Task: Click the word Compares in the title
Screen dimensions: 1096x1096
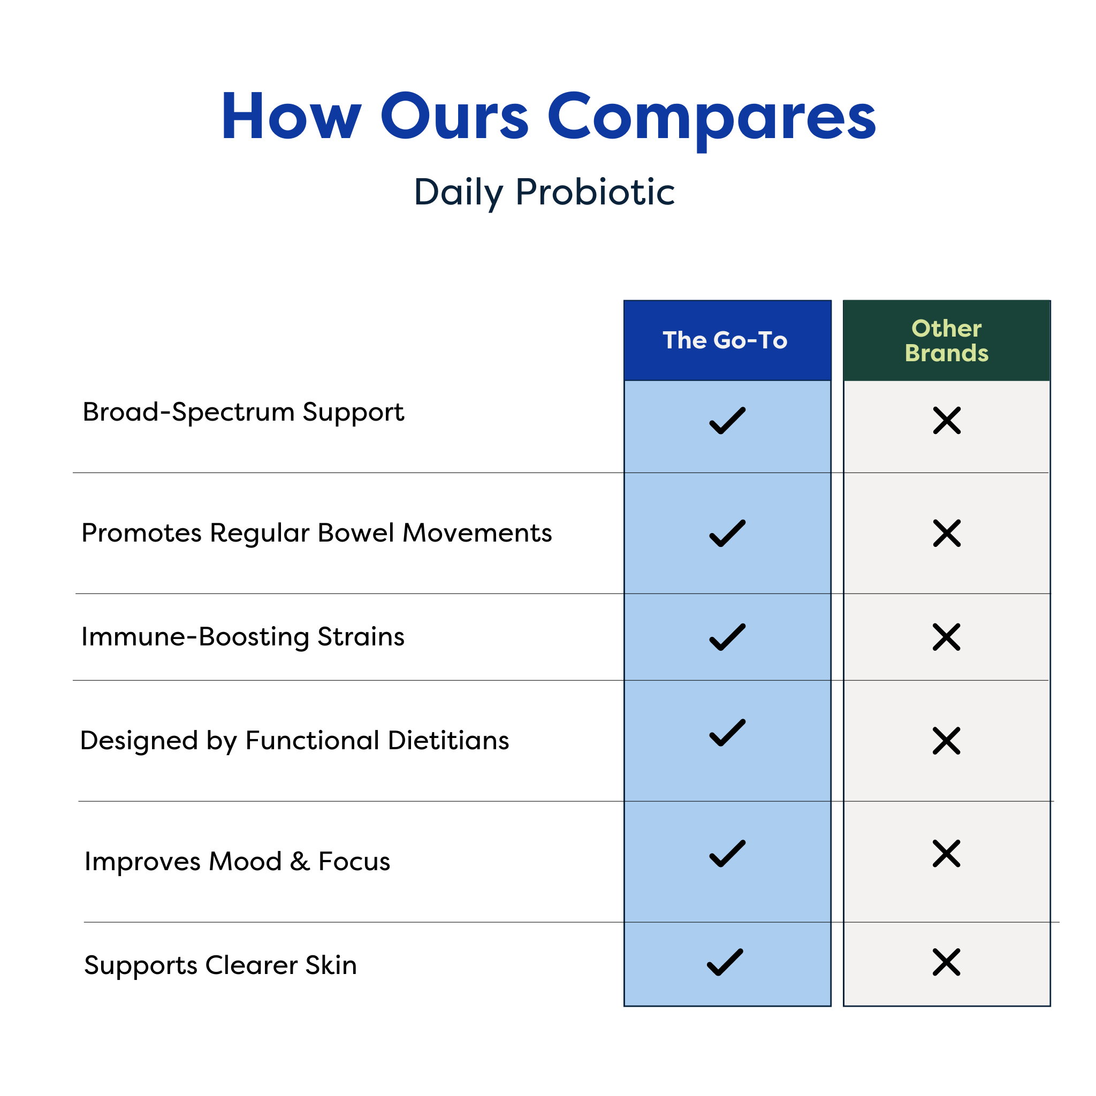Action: [x=711, y=117]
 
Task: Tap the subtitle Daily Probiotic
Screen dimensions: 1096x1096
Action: [x=544, y=192]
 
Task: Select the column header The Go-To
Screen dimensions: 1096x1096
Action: [x=725, y=340]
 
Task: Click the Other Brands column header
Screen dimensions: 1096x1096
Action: [x=946, y=340]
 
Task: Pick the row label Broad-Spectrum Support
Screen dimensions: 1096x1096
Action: [x=243, y=412]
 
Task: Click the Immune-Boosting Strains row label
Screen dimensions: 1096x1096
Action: [x=243, y=636]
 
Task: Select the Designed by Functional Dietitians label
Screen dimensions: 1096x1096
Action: [x=294, y=740]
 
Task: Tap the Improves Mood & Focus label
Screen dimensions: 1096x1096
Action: [x=237, y=861]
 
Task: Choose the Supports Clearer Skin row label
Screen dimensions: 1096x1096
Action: [x=220, y=965]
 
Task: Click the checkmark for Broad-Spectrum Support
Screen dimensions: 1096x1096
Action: [x=727, y=420]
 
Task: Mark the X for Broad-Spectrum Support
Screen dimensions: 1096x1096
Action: [x=947, y=420]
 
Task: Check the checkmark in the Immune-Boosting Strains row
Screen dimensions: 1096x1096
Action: [x=727, y=637]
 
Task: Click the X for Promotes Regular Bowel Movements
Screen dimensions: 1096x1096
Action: [x=947, y=533]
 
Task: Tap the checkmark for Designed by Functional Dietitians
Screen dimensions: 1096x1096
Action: [x=727, y=733]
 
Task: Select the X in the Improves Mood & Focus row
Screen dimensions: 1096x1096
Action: [x=946, y=854]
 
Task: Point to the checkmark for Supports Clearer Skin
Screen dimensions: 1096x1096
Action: [x=725, y=962]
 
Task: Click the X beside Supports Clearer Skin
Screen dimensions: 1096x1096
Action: [x=946, y=962]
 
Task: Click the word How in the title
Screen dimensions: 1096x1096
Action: [x=291, y=117]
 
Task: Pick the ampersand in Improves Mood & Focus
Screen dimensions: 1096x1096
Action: [x=300, y=861]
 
